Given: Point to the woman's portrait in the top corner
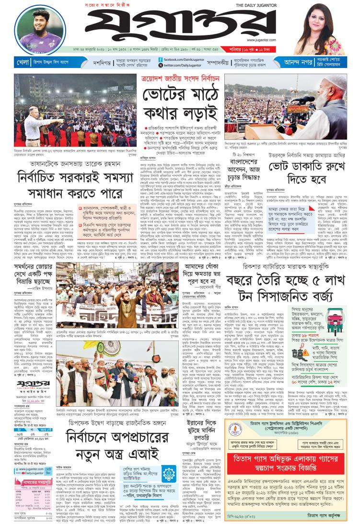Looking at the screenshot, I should (319, 28).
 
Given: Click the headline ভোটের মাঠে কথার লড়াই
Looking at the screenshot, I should (180, 97).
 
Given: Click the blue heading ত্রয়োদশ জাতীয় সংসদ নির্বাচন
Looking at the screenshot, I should (180, 78).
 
